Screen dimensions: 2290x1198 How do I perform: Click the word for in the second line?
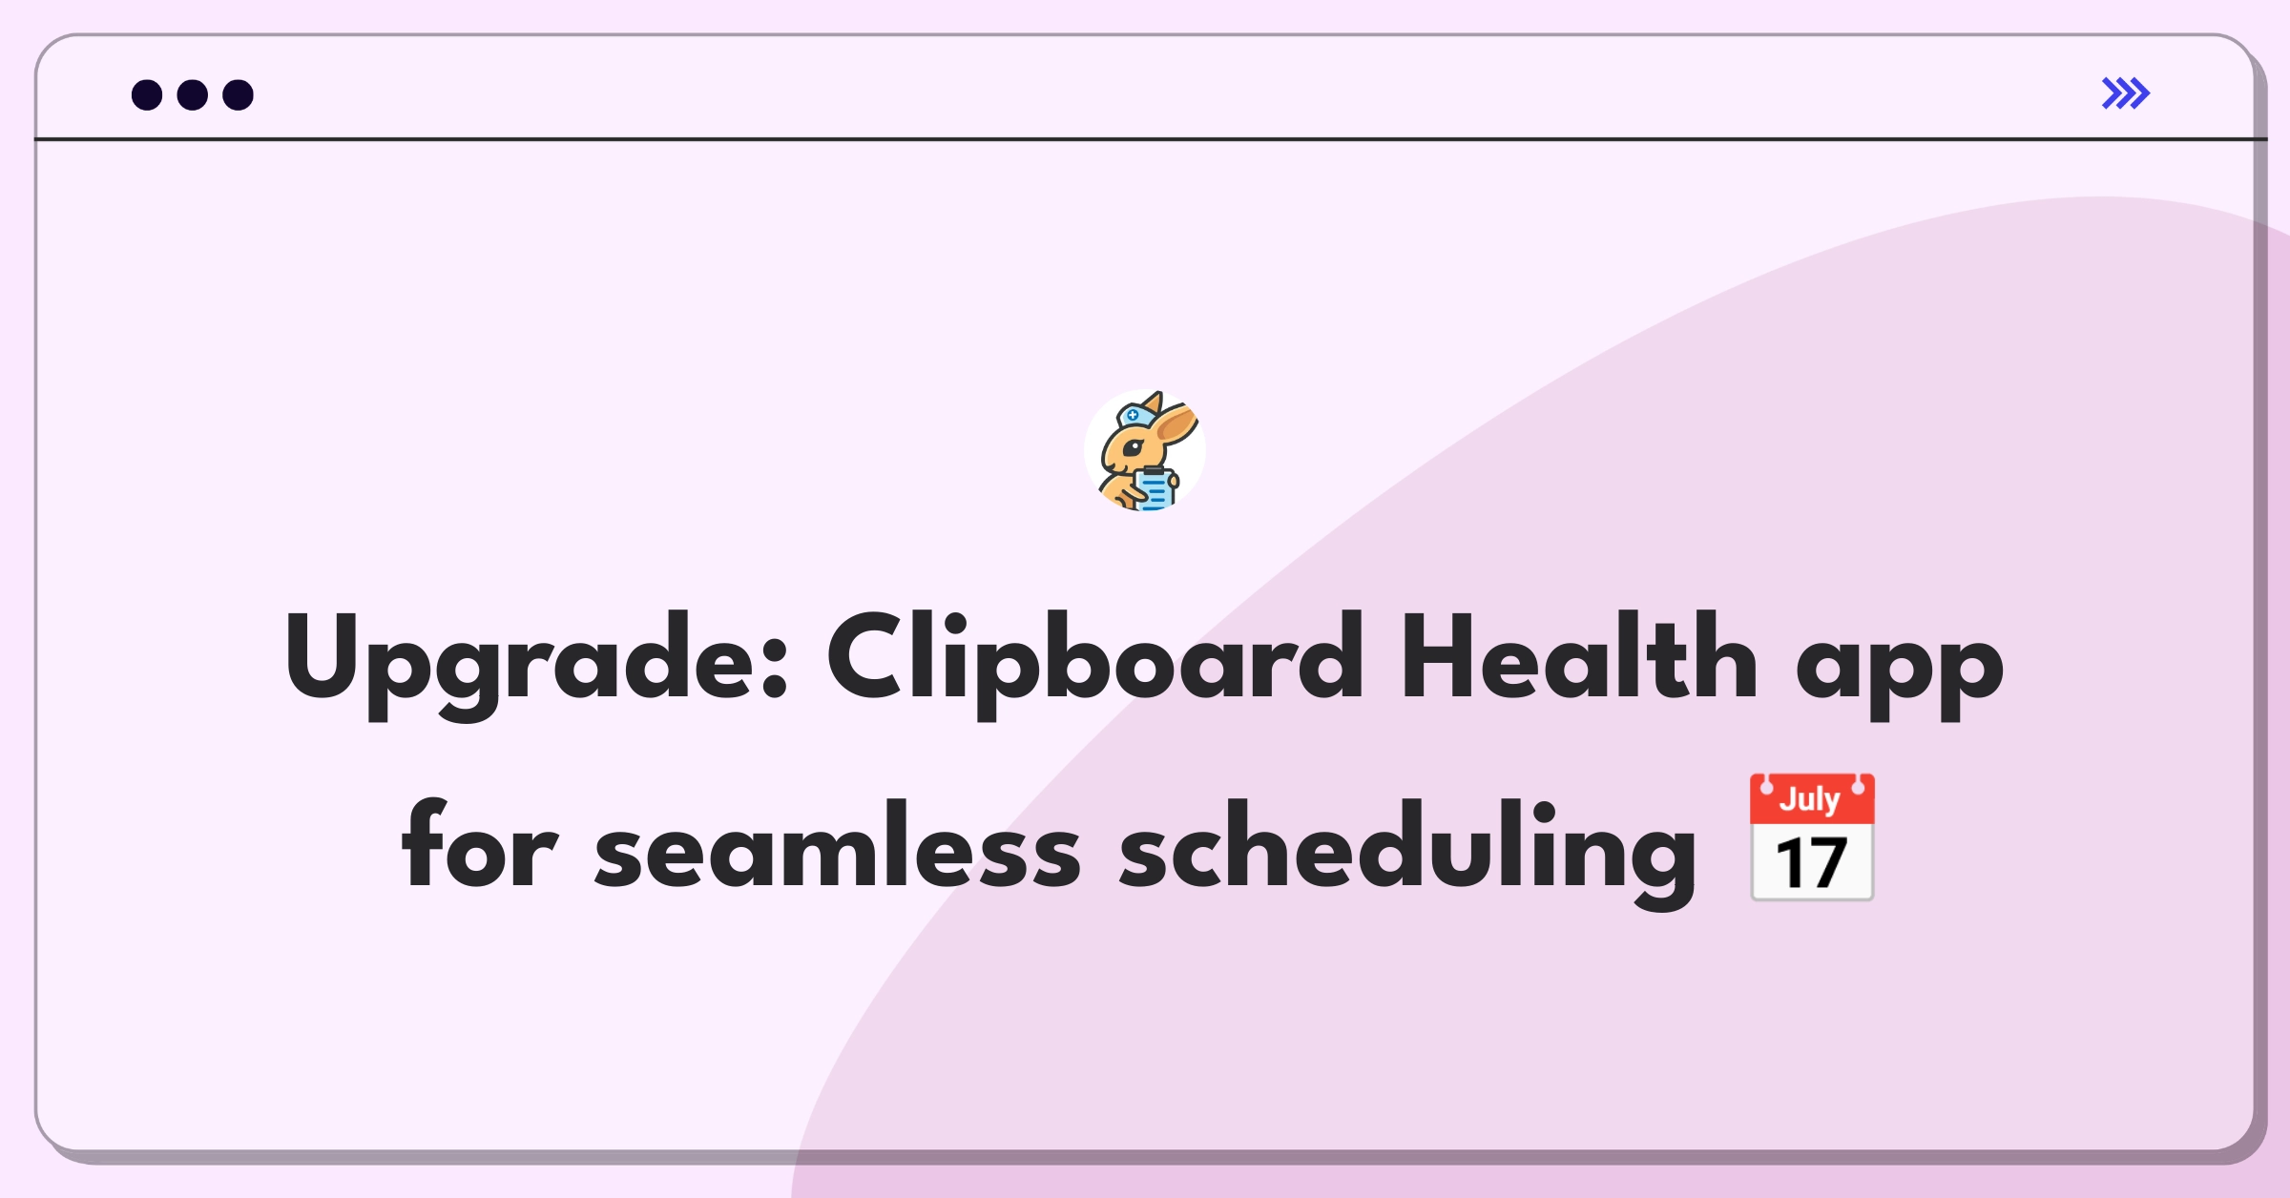tap(479, 843)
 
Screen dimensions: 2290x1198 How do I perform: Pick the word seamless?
tap(838, 843)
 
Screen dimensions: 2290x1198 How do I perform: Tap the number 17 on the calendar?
tap(1811, 863)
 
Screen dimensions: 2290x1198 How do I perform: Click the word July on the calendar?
tap(1810, 798)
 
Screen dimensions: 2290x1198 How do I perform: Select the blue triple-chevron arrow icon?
tap(2126, 93)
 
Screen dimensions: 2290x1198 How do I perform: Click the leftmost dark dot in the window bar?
tap(147, 94)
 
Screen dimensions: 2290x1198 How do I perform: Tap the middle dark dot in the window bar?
tap(193, 94)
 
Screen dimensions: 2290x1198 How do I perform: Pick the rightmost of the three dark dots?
tap(238, 94)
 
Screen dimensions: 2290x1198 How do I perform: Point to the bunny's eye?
tap(1133, 447)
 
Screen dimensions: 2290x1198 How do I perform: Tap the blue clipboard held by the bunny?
tap(1155, 489)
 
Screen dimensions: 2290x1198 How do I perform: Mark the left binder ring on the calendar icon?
tap(1767, 786)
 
